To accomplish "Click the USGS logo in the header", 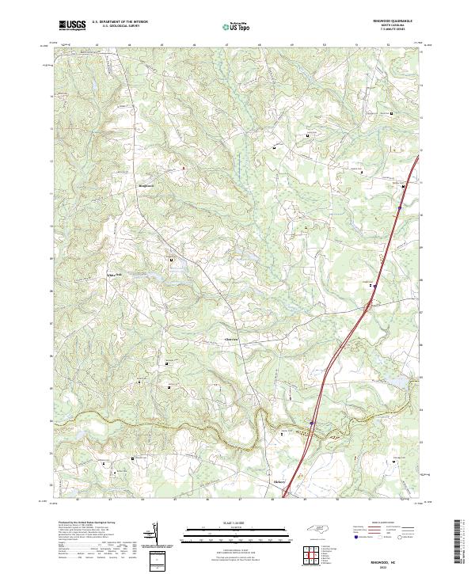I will [72, 25].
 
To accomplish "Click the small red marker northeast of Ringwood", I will [184, 168].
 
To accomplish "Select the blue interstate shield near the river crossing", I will [312, 422].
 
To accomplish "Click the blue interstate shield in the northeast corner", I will [400, 208].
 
